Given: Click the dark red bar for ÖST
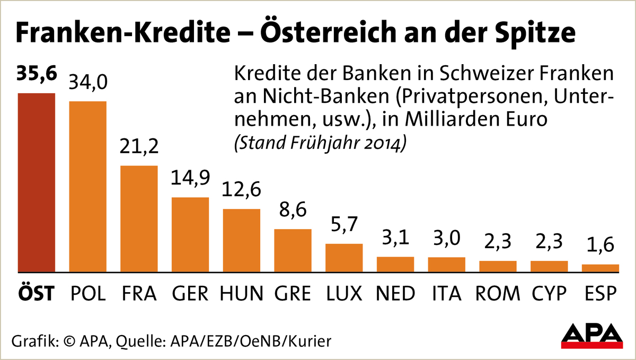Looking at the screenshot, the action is pyautogui.click(x=37, y=183).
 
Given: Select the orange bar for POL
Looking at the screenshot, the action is pyautogui.click(x=88, y=187).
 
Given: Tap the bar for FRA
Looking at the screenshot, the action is pyautogui.click(x=139, y=219).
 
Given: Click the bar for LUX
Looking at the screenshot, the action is pyautogui.click(x=344, y=258).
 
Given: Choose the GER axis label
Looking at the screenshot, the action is pyautogui.click(x=190, y=293).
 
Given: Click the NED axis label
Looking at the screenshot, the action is pyautogui.click(x=395, y=293).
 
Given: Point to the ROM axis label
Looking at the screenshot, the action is pyautogui.click(x=497, y=293).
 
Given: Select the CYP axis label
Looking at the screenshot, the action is pyautogui.click(x=549, y=293).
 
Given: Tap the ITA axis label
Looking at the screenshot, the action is pyautogui.click(x=446, y=293).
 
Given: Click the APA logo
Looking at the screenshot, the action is pyautogui.click(x=592, y=336).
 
